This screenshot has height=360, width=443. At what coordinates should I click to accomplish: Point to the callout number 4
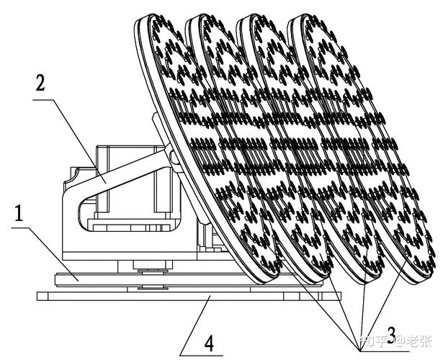209,341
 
